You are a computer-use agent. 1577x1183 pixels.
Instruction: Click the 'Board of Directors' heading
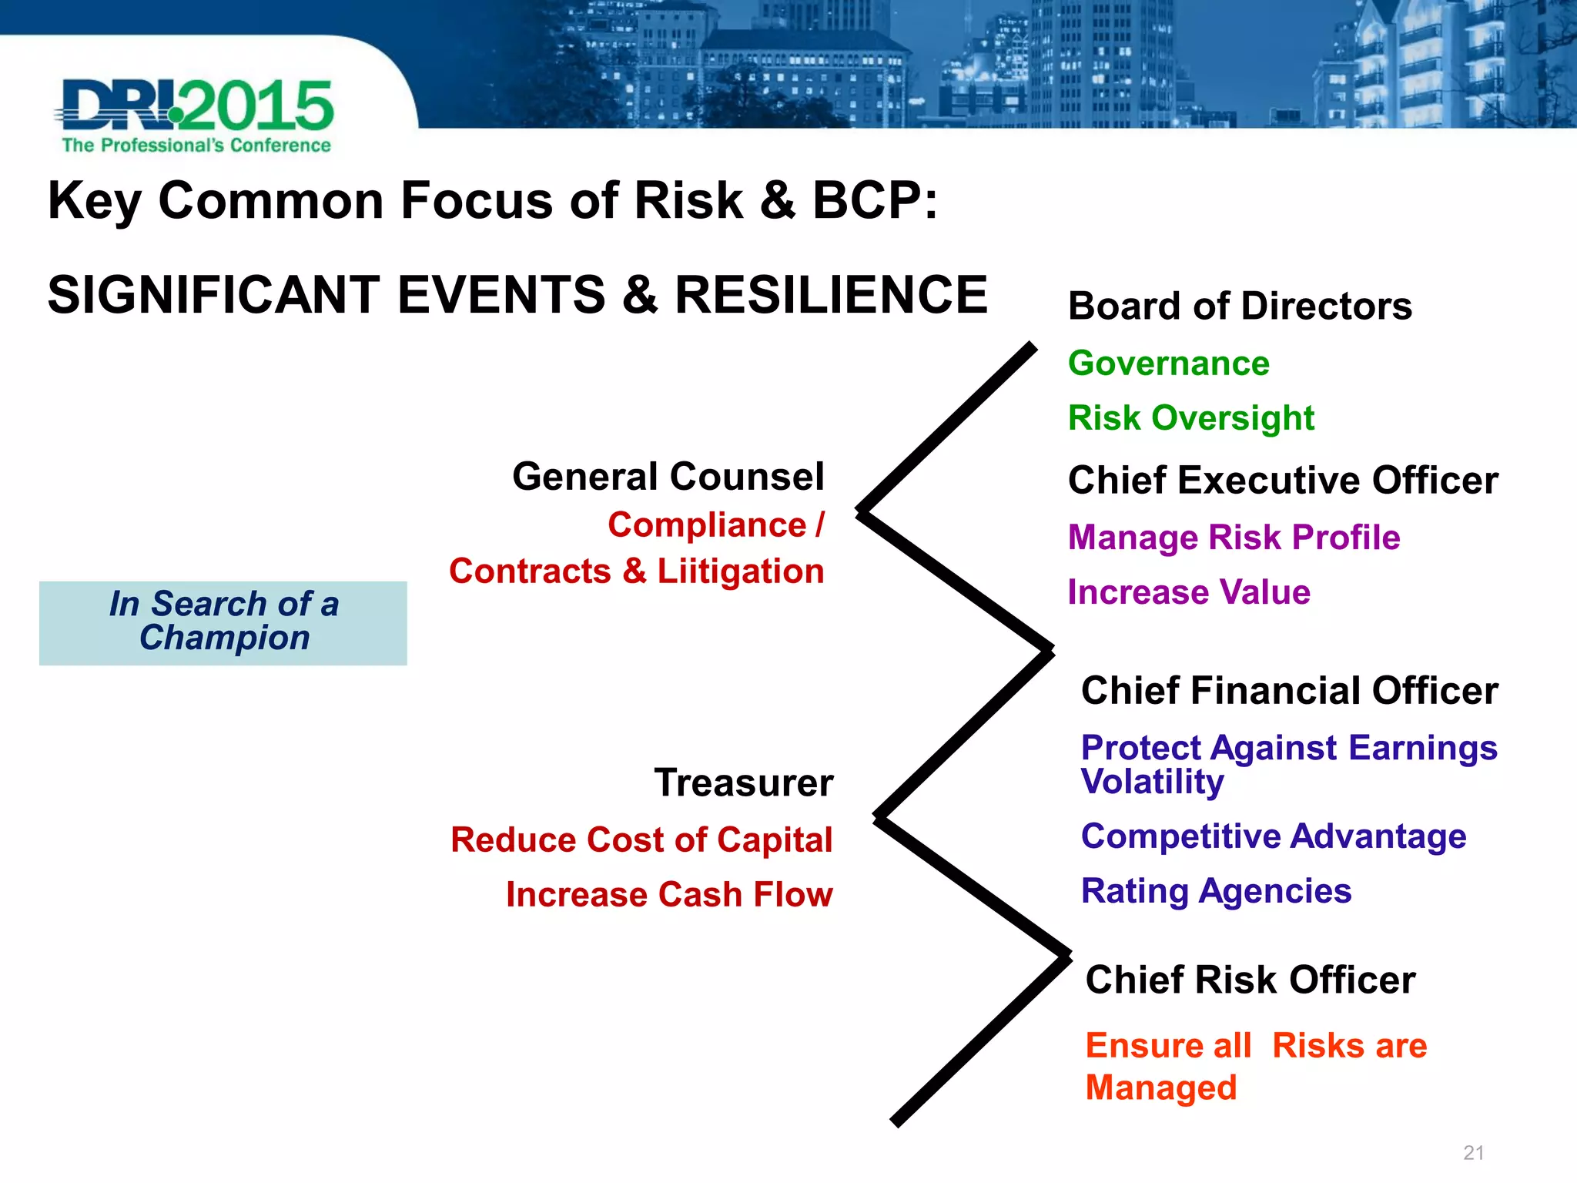pos(1240,306)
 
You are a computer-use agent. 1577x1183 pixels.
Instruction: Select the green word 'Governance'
pos(1168,363)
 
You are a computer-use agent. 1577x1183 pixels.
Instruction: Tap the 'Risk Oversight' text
pos(1190,417)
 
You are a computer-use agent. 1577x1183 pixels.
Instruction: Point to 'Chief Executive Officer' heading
pos(1282,480)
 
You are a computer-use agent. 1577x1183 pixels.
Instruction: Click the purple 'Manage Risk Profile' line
pos(1234,537)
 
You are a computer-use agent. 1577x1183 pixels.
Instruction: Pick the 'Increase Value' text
pos(1188,591)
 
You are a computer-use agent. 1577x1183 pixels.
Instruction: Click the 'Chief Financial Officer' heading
pos(1289,690)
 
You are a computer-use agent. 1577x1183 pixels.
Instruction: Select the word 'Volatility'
pos(1152,782)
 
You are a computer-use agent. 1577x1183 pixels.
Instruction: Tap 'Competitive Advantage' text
pos(1273,836)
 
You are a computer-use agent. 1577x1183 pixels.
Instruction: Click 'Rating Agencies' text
pos(1216,890)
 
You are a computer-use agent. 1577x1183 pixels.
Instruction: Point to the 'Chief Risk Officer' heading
pos(1250,980)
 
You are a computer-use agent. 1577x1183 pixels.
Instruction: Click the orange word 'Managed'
pos(1160,1087)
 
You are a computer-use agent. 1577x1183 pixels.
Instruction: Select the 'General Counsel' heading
pos(668,476)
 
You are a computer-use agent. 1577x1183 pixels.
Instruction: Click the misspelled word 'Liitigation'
pos(740,571)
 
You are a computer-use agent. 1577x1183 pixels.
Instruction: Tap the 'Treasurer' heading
pos(743,783)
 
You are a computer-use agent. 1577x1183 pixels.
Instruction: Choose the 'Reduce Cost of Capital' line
pos(641,839)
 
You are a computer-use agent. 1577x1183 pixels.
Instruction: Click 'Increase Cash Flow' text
pos(668,894)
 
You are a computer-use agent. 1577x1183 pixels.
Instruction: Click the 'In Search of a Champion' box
pos(223,622)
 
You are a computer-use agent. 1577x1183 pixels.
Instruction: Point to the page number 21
pos(1473,1152)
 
